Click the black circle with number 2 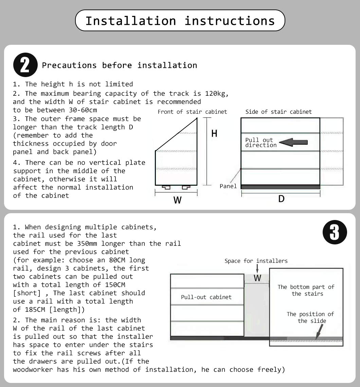click(x=25, y=65)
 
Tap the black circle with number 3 click(x=335, y=233)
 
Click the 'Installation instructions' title click(x=180, y=21)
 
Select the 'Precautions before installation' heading click(x=119, y=65)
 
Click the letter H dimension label click(x=214, y=134)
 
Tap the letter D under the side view click(x=281, y=199)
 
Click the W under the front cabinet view click(x=177, y=200)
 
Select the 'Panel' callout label click(x=228, y=186)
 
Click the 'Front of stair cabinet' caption click(x=192, y=112)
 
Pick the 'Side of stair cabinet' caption click(x=278, y=112)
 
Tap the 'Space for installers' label click(x=256, y=261)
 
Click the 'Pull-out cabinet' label click(x=206, y=297)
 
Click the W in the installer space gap click(x=257, y=278)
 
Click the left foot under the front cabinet click(x=166, y=187)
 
